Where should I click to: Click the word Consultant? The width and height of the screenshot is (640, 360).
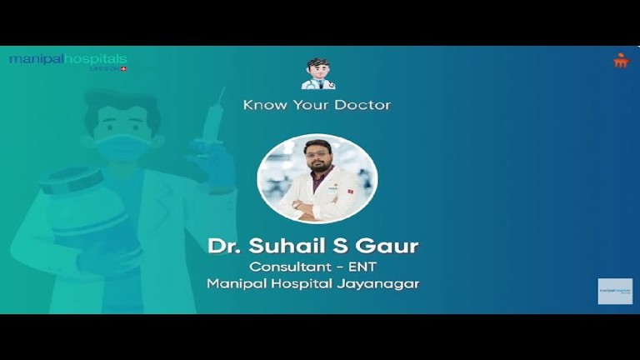(287, 267)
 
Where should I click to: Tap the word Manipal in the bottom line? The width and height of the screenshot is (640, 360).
(235, 284)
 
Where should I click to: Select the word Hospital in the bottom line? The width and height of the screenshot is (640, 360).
(305, 284)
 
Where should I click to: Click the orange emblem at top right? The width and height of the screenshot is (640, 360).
(621, 60)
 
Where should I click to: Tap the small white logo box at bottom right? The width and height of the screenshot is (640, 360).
(615, 291)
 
